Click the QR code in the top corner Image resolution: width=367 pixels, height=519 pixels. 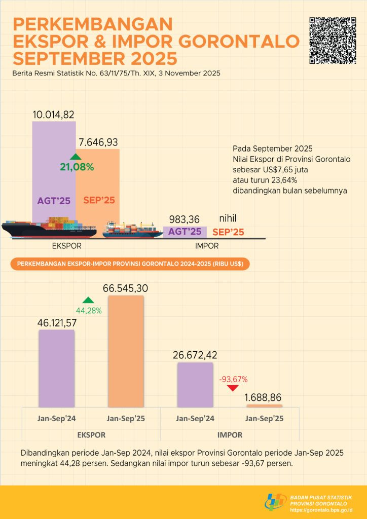(333, 41)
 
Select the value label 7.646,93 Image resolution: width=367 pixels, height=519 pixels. (98, 141)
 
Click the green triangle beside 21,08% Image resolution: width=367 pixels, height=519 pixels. (76, 157)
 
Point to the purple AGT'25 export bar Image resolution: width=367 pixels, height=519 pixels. (54, 172)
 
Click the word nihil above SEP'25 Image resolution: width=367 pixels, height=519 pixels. (228, 218)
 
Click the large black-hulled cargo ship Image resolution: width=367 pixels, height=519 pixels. (48, 229)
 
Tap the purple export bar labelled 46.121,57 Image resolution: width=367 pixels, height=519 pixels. (56, 368)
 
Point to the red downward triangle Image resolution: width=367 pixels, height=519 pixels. (232, 388)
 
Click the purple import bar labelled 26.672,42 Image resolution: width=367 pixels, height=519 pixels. (195, 384)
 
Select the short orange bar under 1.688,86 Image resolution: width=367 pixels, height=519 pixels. (264, 406)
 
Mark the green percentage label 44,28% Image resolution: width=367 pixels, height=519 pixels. (88, 310)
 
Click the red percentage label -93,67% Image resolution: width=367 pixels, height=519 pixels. (233, 379)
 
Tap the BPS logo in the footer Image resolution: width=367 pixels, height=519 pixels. (276, 502)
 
